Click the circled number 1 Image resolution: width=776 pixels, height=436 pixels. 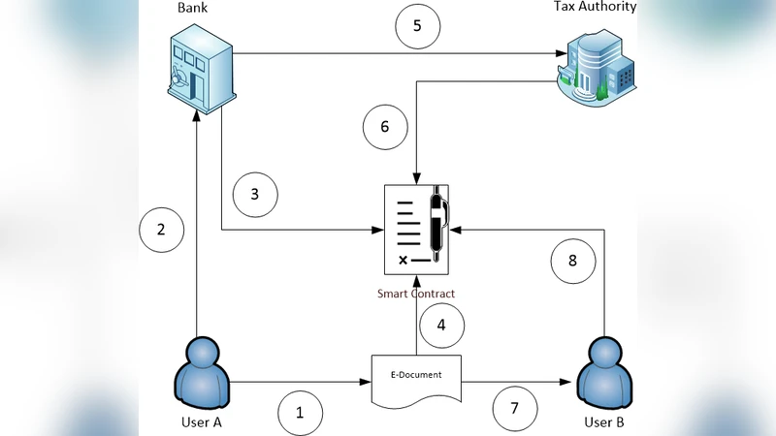301,413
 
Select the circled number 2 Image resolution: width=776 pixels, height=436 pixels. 161,230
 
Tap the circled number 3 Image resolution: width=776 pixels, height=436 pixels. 255,194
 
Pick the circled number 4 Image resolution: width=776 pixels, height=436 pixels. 441,327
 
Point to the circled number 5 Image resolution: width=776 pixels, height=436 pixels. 417,26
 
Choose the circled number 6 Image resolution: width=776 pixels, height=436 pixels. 383,127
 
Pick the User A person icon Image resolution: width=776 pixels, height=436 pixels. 203,372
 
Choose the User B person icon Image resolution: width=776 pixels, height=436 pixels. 606,375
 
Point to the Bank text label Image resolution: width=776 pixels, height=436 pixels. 194,8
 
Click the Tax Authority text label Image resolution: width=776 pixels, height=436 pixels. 595,8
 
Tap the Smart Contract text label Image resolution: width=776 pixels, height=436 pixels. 415,293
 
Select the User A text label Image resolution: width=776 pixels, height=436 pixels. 203,423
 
